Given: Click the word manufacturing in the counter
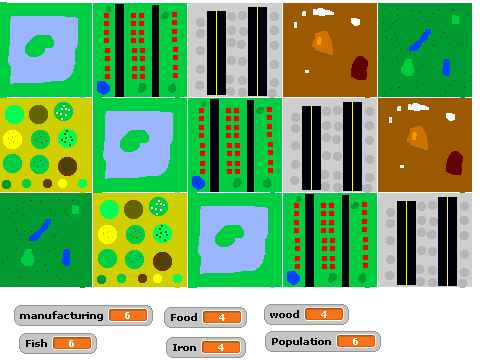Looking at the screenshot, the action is point(61,316).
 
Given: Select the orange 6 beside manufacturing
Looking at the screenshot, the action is point(128,315).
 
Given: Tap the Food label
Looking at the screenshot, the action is point(184,317).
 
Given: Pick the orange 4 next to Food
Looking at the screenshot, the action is point(222,317).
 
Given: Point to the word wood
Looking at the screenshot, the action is point(284,315).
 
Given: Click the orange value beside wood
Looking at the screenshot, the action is point(324,314).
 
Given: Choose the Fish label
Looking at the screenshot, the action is point(36,343).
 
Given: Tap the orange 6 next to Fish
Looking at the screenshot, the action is point(71,343).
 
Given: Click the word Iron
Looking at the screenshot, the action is point(184,348).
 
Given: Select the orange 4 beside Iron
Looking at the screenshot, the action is point(221,347).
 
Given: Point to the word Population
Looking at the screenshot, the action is point(301,342).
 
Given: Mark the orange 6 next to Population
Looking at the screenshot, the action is point(356,341).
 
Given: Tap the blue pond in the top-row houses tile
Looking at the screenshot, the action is point(103,88).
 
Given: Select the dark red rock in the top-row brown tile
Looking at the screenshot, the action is point(359,68).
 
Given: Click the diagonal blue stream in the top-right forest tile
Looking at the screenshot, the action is point(420,40).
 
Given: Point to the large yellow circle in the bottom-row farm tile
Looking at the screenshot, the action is point(107,234).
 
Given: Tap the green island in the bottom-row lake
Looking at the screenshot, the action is point(229,236).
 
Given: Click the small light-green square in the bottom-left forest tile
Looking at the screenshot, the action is point(75,209).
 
